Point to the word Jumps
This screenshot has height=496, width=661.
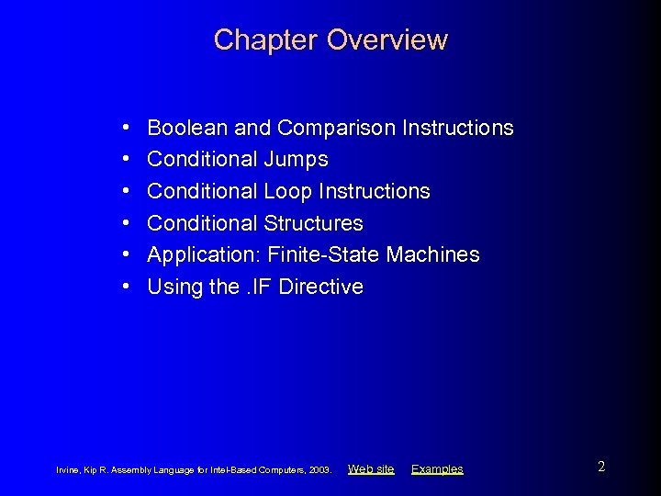tap(296, 160)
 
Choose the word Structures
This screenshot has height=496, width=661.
tap(313, 223)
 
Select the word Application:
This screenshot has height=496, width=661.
tap(204, 254)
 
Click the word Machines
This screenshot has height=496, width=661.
tap(433, 254)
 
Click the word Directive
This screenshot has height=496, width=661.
tap(320, 287)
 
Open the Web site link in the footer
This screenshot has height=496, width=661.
tap(371, 469)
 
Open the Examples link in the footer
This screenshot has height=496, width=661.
tap(437, 469)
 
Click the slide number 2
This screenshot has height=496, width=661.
tap(601, 467)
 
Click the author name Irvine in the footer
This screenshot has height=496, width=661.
tap(69, 470)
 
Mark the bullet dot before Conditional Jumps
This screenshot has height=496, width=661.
tap(124, 160)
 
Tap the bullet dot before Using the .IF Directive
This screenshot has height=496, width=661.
tap(124, 287)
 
